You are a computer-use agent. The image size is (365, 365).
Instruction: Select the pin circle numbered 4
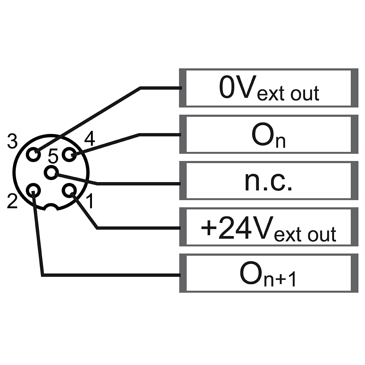68,155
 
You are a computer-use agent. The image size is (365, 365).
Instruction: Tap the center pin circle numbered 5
51,172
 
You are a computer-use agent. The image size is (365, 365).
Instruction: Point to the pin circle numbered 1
69,190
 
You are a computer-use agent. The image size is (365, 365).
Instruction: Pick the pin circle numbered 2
34,190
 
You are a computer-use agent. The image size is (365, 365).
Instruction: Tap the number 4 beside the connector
89,139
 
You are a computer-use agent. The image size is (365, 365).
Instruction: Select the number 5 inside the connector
53,157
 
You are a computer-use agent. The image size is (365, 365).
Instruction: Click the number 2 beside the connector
12,202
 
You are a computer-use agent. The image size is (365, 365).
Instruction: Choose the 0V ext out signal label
269,88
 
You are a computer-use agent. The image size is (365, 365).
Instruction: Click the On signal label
269,135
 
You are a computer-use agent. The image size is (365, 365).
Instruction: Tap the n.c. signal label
269,181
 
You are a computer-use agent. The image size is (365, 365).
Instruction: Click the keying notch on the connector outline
51,207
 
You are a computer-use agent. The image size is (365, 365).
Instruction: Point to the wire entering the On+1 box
109,274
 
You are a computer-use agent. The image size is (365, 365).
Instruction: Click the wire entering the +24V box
139,228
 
